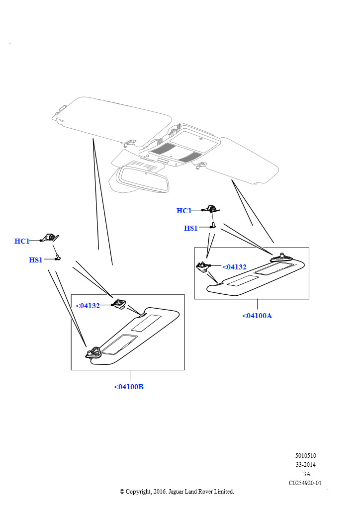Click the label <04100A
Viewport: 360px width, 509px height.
[x=257, y=316]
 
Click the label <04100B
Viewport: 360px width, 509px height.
[x=129, y=387]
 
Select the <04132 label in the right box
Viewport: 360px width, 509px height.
[x=234, y=267]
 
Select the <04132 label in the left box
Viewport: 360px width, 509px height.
[x=88, y=306]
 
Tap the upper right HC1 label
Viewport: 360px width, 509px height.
[x=184, y=211]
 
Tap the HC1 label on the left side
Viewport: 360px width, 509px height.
[x=22, y=241]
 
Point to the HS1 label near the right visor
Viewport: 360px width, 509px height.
[x=191, y=228]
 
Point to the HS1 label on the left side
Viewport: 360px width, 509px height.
[x=36, y=259]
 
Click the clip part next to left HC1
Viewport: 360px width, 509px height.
[x=50, y=238]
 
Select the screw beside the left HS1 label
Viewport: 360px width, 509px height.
[x=58, y=258]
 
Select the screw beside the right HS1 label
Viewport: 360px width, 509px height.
[x=213, y=225]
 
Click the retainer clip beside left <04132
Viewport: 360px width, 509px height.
[x=119, y=304]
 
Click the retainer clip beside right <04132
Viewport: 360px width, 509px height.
[x=203, y=266]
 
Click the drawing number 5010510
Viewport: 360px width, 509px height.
[x=305, y=455]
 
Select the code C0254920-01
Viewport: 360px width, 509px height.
[x=305, y=483]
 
